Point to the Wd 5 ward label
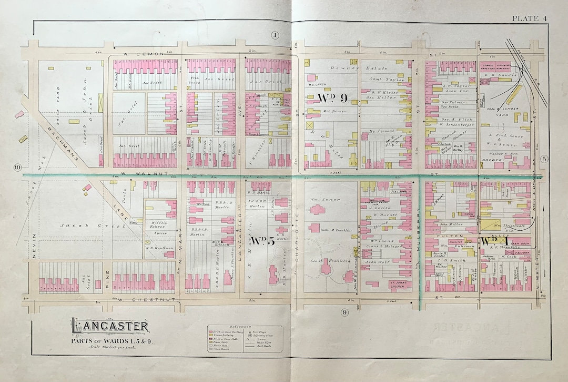click(x=263, y=241)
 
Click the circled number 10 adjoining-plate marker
click(x=17, y=168)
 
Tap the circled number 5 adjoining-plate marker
click(x=544, y=159)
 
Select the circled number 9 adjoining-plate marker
click(x=344, y=312)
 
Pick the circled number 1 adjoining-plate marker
click(x=275, y=35)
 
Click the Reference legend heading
click(x=247, y=327)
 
